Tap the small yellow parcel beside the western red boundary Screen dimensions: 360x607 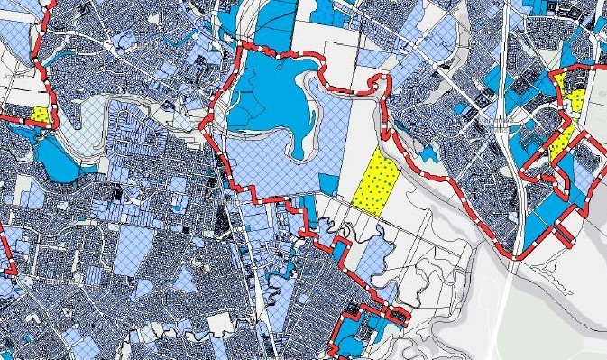pyautogui.click(x=41, y=115)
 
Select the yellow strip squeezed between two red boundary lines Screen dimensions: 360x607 pyautogui.click(x=563, y=142)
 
